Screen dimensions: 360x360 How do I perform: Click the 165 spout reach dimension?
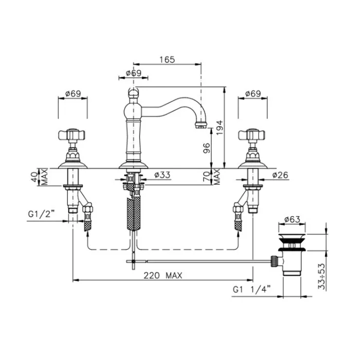pos(167,60)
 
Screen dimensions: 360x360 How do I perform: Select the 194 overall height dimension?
pos(220,128)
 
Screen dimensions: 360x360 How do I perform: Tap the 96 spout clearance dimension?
pos(207,148)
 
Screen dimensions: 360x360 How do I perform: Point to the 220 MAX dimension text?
pos(163,275)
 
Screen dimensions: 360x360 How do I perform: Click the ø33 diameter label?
pos(163,175)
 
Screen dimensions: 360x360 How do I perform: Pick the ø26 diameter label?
pos(280,175)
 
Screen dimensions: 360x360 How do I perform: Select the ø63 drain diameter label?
pos(292,220)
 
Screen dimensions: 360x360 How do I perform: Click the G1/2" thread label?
pos(41,214)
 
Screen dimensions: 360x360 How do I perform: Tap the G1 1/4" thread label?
pos(251,290)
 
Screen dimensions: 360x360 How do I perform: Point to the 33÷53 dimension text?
pos(322,277)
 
